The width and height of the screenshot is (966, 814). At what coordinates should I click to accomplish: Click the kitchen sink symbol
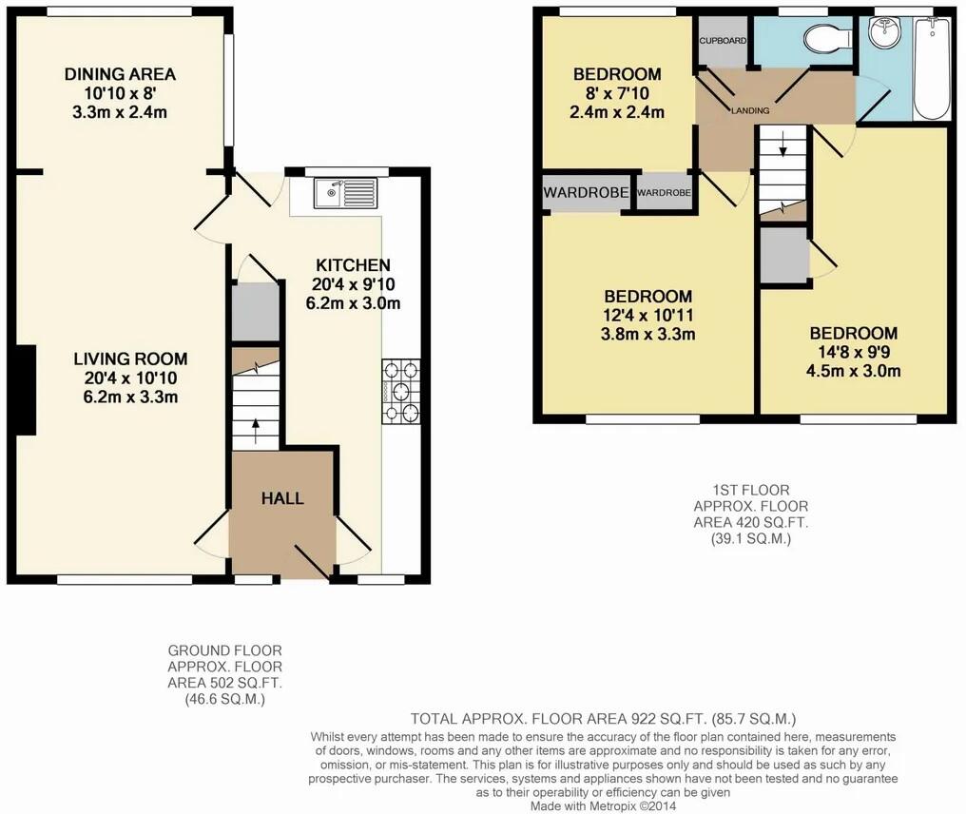click(x=347, y=194)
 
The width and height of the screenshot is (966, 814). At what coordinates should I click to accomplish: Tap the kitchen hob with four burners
click(x=400, y=390)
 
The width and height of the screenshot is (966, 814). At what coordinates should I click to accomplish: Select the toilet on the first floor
click(x=821, y=40)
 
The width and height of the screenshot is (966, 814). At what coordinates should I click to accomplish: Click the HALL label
click(x=282, y=498)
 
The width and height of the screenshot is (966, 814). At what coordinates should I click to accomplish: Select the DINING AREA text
click(x=120, y=74)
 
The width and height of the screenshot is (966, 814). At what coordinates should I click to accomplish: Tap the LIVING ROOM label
click(x=131, y=359)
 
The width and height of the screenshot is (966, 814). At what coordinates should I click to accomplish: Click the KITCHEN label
click(x=354, y=265)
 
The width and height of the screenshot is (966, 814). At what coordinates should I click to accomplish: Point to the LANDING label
click(x=750, y=111)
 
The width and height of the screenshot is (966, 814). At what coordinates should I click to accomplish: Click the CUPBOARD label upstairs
click(x=723, y=41)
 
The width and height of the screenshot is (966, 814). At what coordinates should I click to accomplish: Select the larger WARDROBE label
click(x=586, y=193)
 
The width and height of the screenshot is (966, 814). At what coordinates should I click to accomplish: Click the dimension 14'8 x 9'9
click(x=853, y=353)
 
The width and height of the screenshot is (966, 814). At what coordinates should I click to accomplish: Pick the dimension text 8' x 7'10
click(x=617, y=93)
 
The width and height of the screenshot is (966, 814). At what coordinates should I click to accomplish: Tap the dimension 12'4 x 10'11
click(x=647, y=316)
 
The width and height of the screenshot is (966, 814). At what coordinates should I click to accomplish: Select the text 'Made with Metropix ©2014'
click(x=604, y=805)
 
